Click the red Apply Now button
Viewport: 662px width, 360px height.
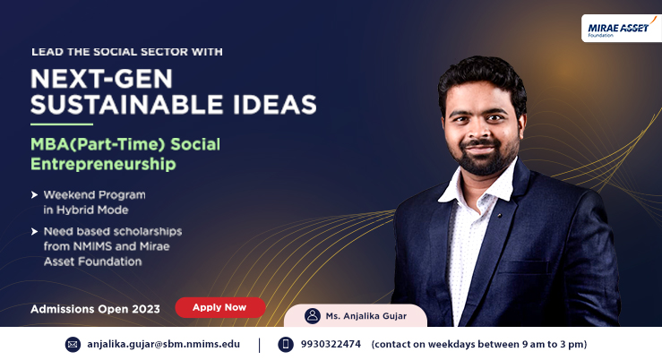[x=220, y=307]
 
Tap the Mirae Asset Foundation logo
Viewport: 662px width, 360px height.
[x=622, y=29]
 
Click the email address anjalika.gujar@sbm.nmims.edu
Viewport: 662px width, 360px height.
[x=163, y=344]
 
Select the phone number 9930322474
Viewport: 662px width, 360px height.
[x=331, y=344]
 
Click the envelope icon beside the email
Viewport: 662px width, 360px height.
[x=73, y=345]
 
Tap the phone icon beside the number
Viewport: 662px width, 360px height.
[x=286, y=345]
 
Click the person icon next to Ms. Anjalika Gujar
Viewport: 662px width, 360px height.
[x=313, y=316]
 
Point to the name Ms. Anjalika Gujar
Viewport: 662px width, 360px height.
[x=366, y=316]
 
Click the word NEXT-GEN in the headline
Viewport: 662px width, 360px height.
[x=101, y=79]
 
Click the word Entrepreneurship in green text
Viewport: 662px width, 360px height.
[x=103, y=164]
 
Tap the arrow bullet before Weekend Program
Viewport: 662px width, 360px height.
[x=35, y=195]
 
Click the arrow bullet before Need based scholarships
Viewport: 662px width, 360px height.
[x=35, y=231]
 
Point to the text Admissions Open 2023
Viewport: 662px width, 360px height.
[x=96, y=309]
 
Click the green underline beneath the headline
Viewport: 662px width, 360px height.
[x=62, y=124]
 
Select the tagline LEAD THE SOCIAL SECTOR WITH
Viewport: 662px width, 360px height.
[x=127, y=52]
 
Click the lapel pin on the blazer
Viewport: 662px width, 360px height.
[x=500, y=215]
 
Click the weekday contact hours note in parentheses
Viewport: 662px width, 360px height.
[x=479, y=345]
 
